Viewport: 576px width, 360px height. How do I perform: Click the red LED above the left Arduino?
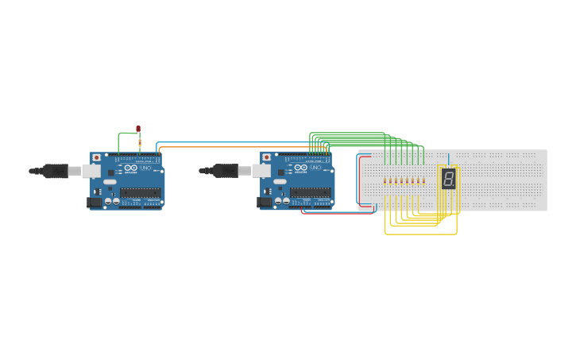click(138, 128)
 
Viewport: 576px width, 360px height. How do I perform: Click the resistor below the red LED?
click(140, 143)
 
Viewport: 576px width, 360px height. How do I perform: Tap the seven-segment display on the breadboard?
click(449, 178)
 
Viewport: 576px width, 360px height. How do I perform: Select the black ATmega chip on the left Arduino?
click(141, 192)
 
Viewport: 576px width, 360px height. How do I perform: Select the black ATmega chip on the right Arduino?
click(311, 192)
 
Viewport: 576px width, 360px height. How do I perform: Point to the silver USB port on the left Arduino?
click(92, 171)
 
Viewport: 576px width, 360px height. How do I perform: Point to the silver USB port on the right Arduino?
click(264, 171)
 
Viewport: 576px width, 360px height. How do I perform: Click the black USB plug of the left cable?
click(56, 171)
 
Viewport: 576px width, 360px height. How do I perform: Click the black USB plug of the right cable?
click(226, 170)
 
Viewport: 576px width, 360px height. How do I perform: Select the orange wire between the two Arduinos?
click(238, 147)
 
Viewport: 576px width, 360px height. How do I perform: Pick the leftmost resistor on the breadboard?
click(385, 180)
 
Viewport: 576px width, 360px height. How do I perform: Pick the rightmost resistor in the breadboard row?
click(423, 180)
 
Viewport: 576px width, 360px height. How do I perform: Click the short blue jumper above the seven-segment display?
click(448, 159)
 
